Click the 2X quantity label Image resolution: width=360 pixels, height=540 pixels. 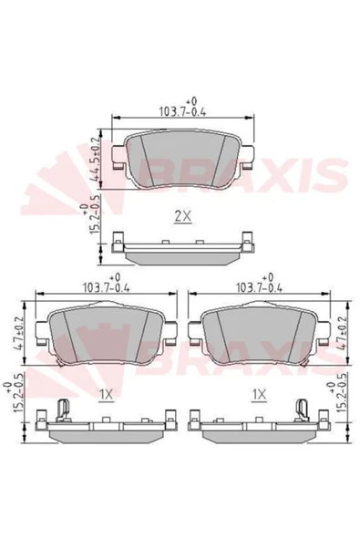pos(183,216)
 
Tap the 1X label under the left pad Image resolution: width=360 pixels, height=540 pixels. pos(106,395)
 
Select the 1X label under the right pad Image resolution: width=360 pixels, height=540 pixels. pos(259,395)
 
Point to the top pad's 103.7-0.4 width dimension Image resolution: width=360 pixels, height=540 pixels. pos(182,109)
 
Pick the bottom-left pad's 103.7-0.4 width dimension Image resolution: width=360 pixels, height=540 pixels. pos(106,284)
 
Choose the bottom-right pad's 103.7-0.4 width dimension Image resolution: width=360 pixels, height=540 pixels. pos(259,284)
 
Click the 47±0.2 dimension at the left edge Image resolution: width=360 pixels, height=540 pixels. pos(18,333)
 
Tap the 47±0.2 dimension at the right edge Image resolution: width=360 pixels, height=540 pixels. pos(342,333)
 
